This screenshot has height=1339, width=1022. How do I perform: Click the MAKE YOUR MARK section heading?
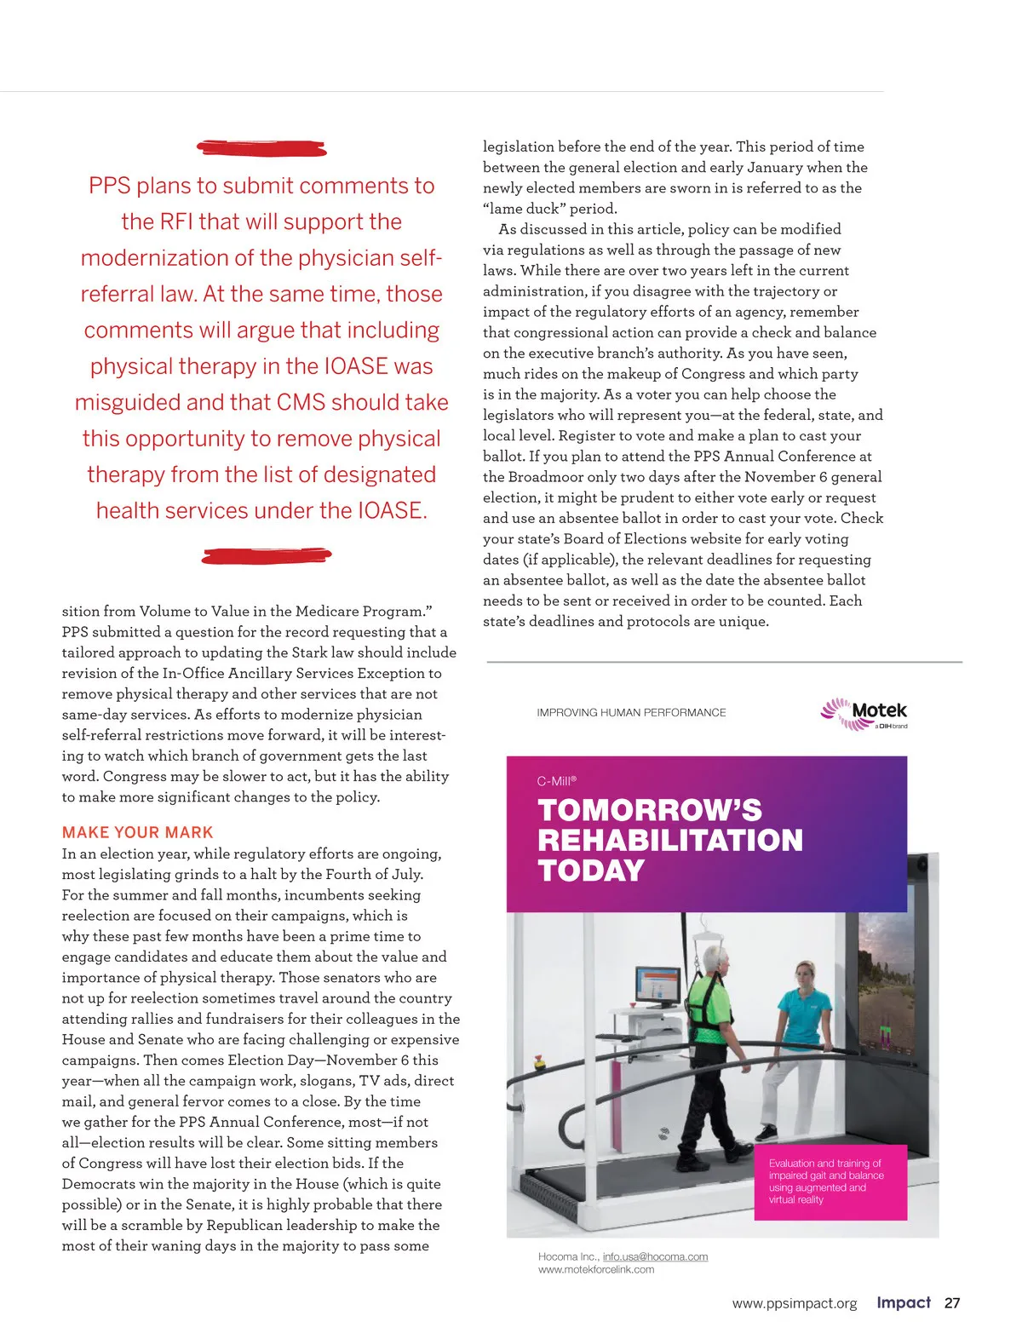[x=137, y=832]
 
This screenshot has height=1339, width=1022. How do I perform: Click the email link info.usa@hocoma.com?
[x=655, y=1256]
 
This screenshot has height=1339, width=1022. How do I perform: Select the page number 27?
[x=952, y=1302]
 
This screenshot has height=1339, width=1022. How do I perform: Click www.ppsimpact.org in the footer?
[x=794, y=1303]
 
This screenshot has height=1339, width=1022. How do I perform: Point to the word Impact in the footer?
[x=903, y=1302]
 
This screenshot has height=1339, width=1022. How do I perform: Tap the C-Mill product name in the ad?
[x=555, y=780]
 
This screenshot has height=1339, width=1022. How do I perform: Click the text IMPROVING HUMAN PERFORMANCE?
[x=631, y=712]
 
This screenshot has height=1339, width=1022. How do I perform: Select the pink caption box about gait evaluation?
[x=830, y=1181]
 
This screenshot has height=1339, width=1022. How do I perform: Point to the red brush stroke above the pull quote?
[x=261, y=148]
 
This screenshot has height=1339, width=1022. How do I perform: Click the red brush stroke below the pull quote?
[x=266, y=556]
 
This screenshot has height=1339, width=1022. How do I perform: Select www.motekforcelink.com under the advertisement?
[x=596, y=1269]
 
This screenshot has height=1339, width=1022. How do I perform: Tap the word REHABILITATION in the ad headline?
[x=669, y=840]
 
